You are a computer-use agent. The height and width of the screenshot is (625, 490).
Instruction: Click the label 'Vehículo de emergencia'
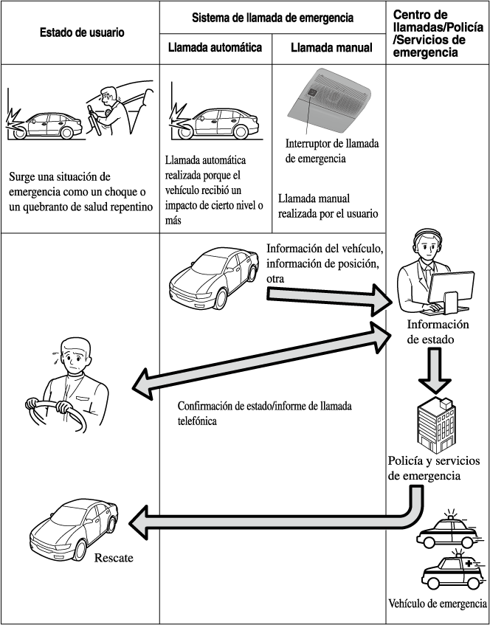437,604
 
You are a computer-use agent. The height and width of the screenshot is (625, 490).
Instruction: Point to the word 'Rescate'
114,558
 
